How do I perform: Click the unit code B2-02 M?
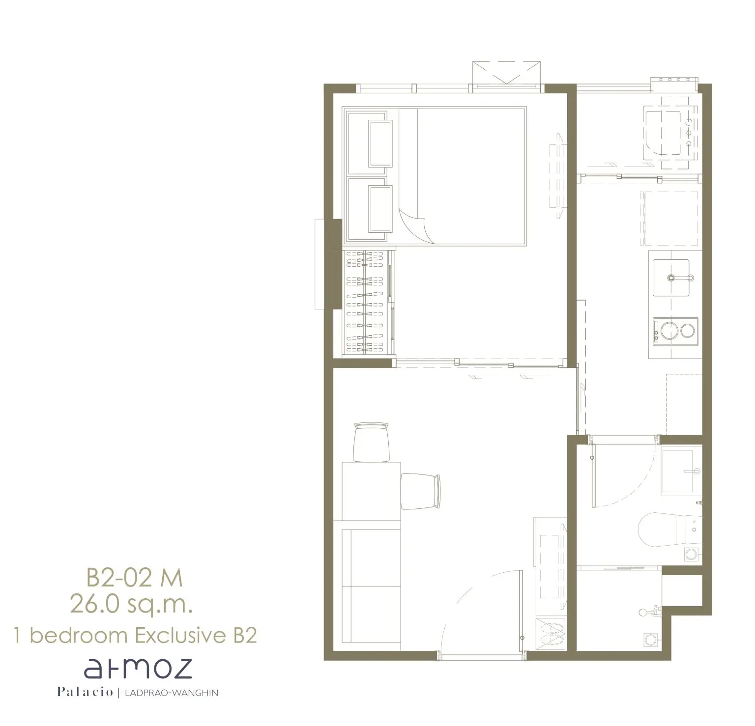[135, 578]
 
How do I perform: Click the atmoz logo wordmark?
[138, 669]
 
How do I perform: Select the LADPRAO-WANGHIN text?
[172, 693]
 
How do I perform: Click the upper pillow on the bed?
[381, 143]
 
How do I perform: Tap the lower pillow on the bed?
[381, 209]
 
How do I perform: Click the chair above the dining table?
[372, 442]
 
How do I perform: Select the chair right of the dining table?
[421, 492]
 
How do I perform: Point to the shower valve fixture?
[649, 612]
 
